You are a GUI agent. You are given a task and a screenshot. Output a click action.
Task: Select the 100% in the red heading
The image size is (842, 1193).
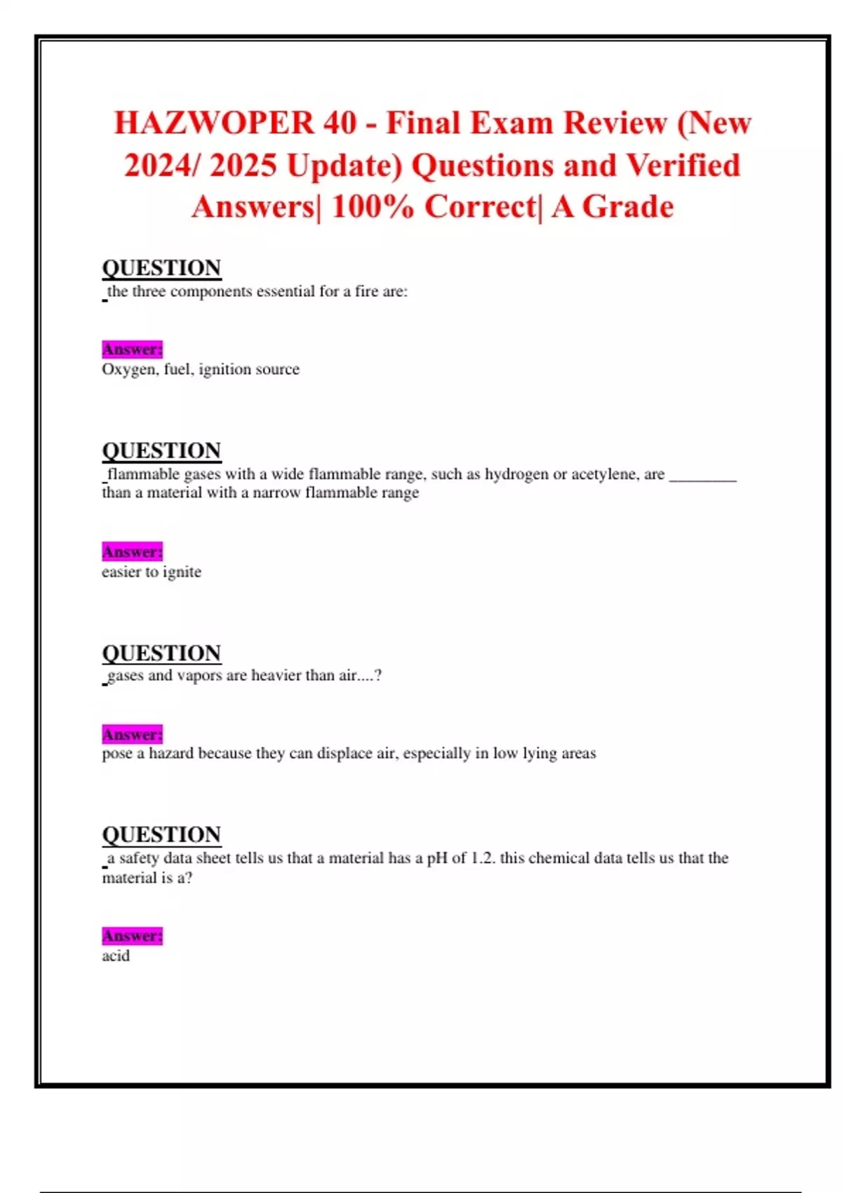point(373,208)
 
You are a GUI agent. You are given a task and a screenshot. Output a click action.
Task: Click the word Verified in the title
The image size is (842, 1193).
point(683,166)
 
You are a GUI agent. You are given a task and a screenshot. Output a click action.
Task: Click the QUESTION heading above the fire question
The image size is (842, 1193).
point(161,268)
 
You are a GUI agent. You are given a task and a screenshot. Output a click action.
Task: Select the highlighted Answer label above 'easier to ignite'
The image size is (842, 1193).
point(132,552)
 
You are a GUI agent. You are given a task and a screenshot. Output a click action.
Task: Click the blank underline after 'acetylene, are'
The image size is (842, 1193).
point(702,477)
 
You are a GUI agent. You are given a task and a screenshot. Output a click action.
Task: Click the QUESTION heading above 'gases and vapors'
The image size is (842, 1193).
point(161,653)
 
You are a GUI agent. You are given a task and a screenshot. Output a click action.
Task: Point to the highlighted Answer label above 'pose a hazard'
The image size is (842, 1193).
point(132,734)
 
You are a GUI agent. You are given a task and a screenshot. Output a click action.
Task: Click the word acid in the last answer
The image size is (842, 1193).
point(116,956)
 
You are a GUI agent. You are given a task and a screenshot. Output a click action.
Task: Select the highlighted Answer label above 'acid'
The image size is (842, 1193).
point(132,936)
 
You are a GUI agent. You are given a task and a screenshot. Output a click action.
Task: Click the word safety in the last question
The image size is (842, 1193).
point(139,858)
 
